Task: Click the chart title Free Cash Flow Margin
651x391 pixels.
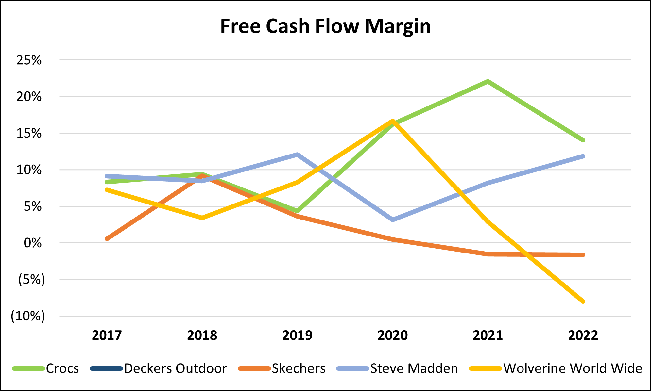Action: click(x=325, y=26)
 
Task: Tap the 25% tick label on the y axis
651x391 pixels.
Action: click(x=29, y=60)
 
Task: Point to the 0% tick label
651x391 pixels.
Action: click(x=33, y=243)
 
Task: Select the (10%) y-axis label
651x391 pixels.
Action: click(x=28, y=316)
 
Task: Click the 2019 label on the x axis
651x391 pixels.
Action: click(x=297, y=335)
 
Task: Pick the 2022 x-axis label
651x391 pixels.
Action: click(x=583, y=335)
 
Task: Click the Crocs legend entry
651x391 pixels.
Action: click(x=62, y=368)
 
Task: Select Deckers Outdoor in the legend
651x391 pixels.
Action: click(x=175, y=368)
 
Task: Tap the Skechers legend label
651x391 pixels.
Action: click(x=299, y=368)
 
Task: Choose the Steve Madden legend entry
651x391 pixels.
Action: click(x=414, y=368)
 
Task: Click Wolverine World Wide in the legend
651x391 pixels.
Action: click(x=573, y=368)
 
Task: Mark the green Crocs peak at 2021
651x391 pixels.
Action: click(x=488, y=81)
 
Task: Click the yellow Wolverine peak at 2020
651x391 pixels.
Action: click(x=393, y=121)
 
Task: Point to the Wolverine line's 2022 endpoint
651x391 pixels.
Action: click(x=583, y=301)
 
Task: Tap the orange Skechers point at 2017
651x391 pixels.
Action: click(x=107, y=239)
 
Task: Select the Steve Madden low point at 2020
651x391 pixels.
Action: click(x=393, y=220)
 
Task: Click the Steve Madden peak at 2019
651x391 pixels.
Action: click(x=297, y=155)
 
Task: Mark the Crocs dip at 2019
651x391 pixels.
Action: click(x=297, y=211)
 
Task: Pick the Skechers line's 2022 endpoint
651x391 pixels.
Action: click(x=583, y=255)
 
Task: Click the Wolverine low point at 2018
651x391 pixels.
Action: click(x=202, y=218)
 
